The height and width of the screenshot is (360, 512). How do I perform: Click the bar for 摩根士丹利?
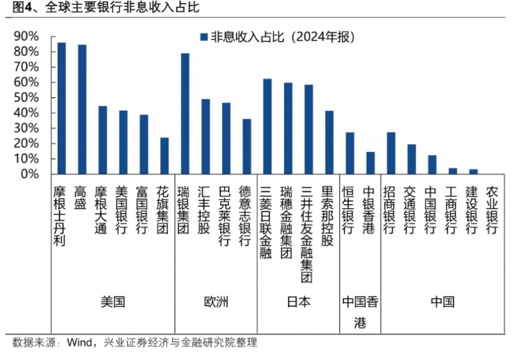(x=61, y=108)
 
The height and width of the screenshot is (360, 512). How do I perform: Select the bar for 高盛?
(x=82, y=110)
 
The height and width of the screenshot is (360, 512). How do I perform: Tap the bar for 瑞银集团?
(x=185, y=113)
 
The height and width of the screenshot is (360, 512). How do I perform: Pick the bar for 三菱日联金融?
(x=267, y=126)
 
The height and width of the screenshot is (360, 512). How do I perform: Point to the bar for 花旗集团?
(x=164, y=156)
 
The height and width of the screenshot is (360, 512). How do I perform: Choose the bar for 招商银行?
(x=390, y=153)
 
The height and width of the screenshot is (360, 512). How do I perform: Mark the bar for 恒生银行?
(x=349, y=153)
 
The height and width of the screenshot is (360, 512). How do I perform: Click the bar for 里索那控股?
(x=329, y=142)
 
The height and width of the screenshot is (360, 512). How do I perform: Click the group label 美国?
(x=113, y=301)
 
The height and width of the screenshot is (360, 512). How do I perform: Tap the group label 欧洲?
(x=216, y=301)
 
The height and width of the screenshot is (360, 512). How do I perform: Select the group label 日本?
(x=298, y=301)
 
